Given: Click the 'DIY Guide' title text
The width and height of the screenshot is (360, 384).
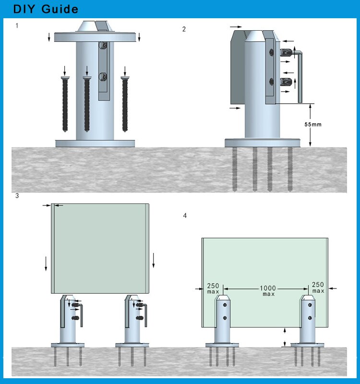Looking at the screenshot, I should point(46,10).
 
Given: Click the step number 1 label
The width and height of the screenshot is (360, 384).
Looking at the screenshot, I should point(17,25).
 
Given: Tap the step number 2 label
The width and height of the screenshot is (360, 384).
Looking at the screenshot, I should point(184,29).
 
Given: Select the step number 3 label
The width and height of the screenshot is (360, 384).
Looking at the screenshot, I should point(17,196).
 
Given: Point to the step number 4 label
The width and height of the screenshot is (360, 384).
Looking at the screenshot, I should point(185,216).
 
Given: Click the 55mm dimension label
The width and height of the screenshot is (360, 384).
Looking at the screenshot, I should point(313,124).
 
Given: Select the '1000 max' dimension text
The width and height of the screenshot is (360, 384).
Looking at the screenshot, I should point(268,291).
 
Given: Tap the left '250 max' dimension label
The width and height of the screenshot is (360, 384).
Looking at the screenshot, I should point(213,288).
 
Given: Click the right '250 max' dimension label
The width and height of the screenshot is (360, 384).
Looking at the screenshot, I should point(318,288).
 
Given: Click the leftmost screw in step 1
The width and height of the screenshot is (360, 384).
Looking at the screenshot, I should point(65,103).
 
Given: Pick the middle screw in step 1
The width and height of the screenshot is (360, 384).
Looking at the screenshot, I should point(87,103).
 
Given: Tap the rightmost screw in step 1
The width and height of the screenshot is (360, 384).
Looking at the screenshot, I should point(126,103).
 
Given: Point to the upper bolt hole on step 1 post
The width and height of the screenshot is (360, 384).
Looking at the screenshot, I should point(102,46).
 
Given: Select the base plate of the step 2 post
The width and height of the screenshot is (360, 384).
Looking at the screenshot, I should point(263,143).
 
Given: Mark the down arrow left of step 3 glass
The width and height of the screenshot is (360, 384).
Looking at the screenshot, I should point(46,263).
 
